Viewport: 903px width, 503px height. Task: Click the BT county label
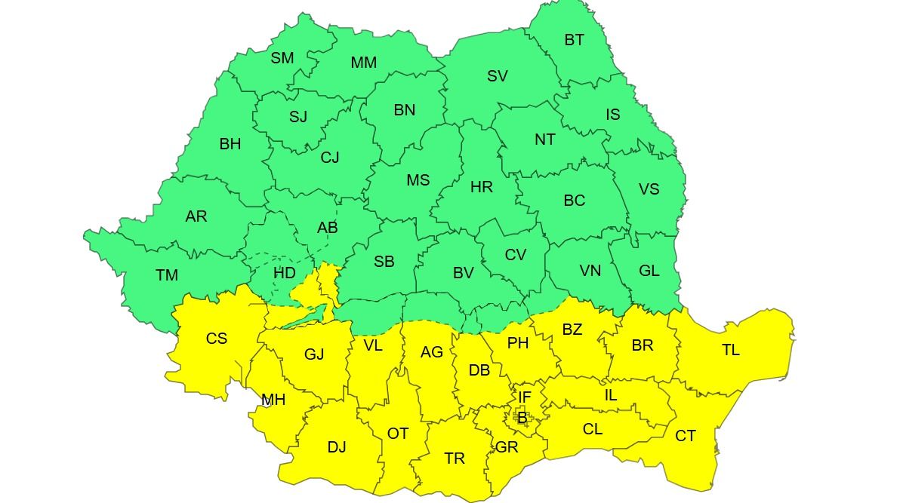pyautogui.click(x=574, y=40)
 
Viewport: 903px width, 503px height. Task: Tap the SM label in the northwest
pyautogui.click(x=282, y=58)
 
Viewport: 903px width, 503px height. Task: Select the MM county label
pyautogui.click(x=363, y=63)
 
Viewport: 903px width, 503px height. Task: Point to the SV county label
pyautogui.click(x=497, y=76)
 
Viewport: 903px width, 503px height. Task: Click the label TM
pyautogui.click(x=167, y=275)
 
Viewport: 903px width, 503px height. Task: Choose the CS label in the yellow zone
pyautogui.click(x=217, y=339)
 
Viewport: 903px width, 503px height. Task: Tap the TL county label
pyautogui.click(x=730, y=350)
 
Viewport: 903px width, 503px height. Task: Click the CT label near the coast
pyautogui.click(x=685, y=436)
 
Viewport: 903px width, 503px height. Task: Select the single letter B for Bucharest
pyautogui.click(x=522, y=417)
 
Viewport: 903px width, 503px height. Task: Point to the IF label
pyautogui.click(x=524, y=397)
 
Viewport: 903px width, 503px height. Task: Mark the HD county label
pyautogui.click(x=284, y=273)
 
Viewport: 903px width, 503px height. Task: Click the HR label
pyautogui.click(x=481, y=187)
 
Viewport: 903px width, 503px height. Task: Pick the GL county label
pyautogui.click(x=649, y=271)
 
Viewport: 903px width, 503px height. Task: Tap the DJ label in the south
pyautogui.click(x=336, y=447)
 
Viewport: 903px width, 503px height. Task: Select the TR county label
pyautogui.click(x=454, y=459)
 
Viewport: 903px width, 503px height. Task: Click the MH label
pyautogui.click(x=273, y=400)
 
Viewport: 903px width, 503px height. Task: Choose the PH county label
pyautogui.click(x=517, y=343)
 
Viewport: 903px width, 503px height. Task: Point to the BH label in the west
pyautogui.click(x=230, y=144)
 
